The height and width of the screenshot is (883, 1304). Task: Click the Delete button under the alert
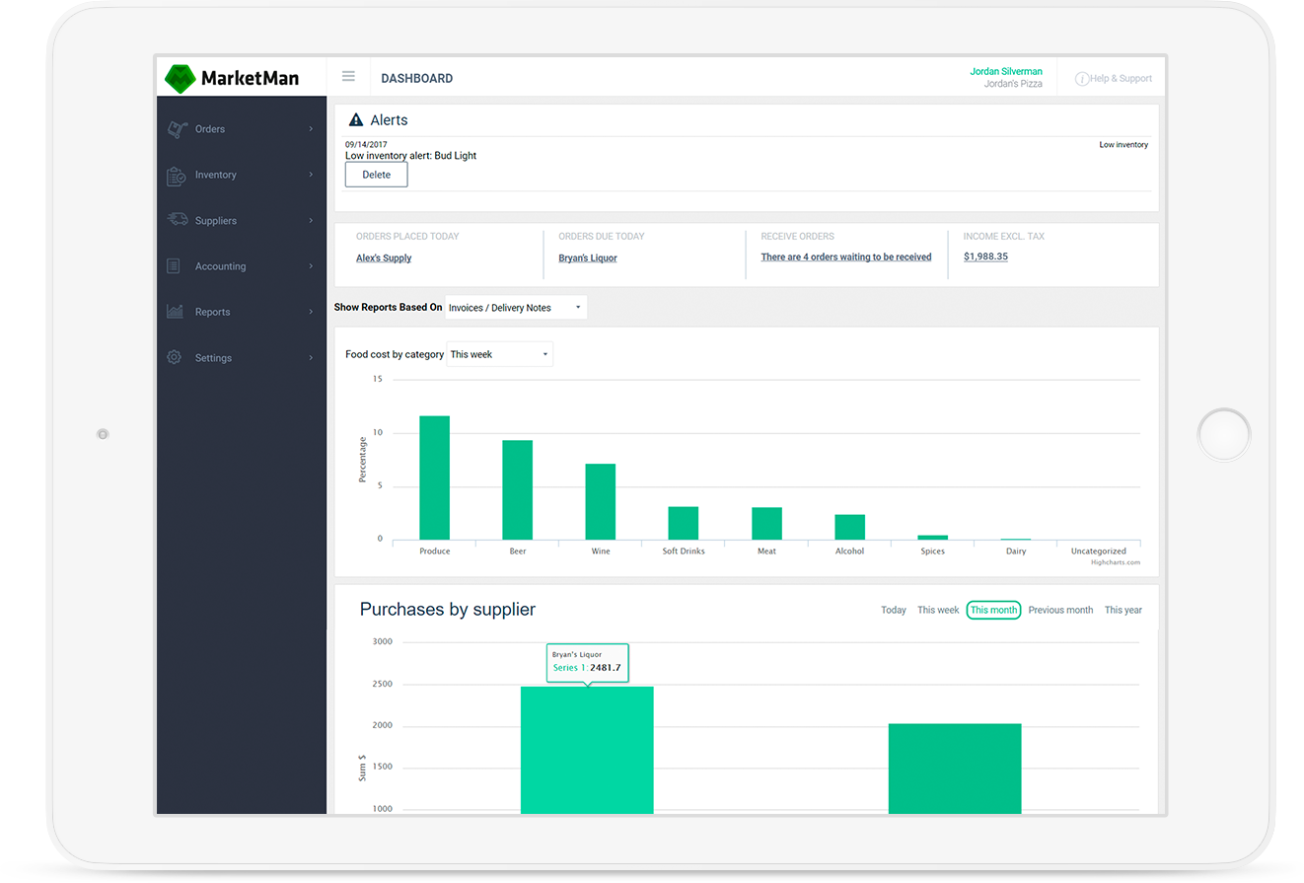tap(376, 175)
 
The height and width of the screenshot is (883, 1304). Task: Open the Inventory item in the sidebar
tap(215, 175)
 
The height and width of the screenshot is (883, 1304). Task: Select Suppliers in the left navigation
tap(215, 221)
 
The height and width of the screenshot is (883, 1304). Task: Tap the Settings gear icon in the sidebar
tap(175, 357)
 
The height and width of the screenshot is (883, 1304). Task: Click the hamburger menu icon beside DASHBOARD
tap(348, 77)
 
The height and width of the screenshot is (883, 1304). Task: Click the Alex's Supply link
tap(384, 258)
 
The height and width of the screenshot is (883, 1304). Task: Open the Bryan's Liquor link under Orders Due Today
tap(588, 258)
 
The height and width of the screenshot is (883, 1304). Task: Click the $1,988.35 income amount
tap(985, 257)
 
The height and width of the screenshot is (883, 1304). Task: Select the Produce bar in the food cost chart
tap(434, 478)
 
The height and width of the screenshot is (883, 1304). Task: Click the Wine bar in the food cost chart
tap(600, 501)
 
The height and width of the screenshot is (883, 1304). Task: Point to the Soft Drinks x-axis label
tap(684, 552)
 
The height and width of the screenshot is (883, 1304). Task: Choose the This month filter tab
tap(993, 610)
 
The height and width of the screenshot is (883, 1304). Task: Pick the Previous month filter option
tap(1060, 610)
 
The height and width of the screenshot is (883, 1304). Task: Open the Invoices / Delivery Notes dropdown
tap(516, 308)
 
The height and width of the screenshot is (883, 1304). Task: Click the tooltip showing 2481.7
tap(587, 662)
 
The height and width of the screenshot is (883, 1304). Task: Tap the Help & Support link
tap(1114, 79)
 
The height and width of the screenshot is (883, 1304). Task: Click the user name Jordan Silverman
tap(1006, 71)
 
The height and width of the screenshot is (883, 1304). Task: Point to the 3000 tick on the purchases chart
tap(382, 641)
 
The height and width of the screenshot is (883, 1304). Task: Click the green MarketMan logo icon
tap(181, 78)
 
